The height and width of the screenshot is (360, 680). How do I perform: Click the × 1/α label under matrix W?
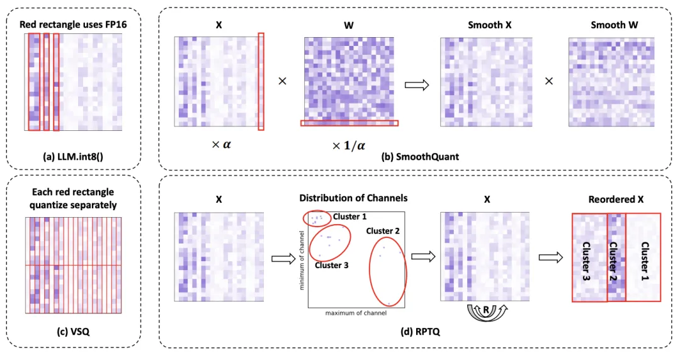click(348, 145)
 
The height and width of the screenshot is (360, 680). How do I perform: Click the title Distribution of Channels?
click(353, 198)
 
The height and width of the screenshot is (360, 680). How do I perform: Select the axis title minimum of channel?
click(303, 261)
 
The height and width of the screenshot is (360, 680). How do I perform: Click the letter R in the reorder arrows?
click(485, 311)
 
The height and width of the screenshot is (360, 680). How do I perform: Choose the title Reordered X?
click(616, 199)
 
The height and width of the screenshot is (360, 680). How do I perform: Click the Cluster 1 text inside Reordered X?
click(643, 258)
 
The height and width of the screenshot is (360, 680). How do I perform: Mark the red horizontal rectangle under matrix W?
click(349, 123)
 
